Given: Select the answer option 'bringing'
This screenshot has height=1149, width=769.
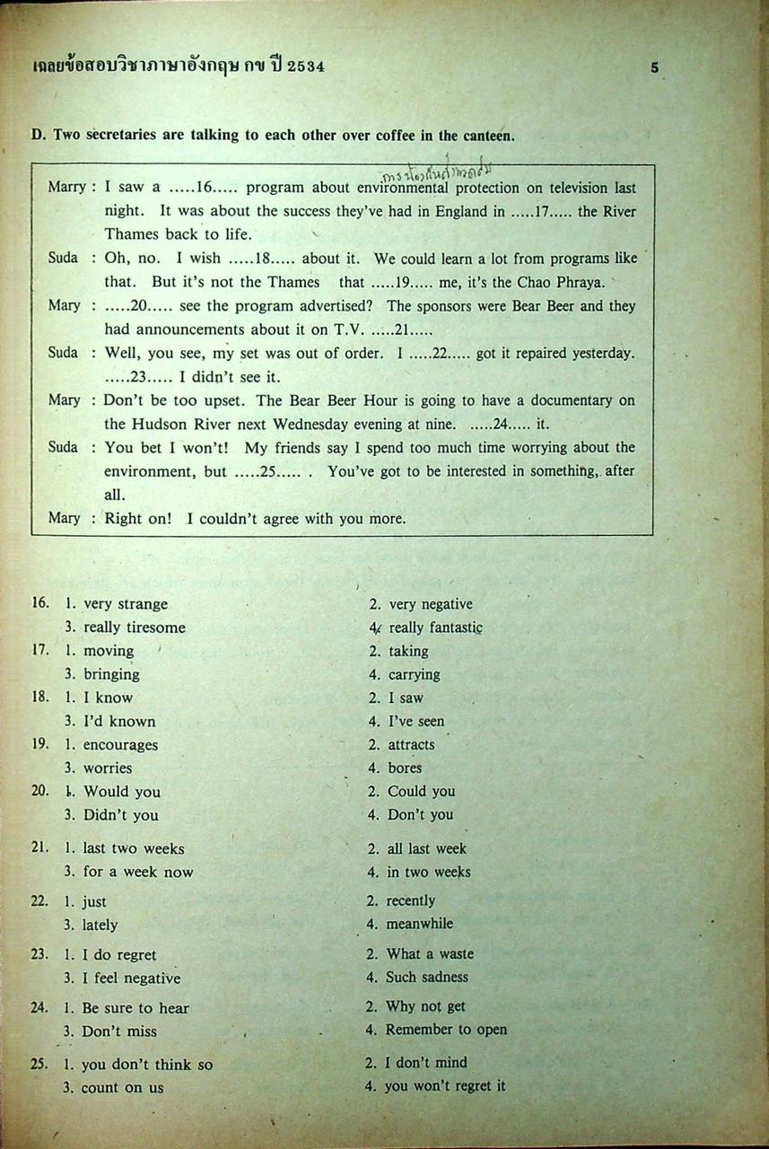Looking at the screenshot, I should coord(111,674).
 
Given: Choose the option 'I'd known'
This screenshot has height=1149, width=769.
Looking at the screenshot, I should coord(119,721).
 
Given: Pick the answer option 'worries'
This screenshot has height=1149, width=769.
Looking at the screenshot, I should coord(108,767).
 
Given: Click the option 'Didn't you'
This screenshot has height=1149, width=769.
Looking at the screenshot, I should coord(120,815).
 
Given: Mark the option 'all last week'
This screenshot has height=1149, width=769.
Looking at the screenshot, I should coord(426,848).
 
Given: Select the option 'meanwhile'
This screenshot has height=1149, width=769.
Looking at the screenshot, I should coord(419,924).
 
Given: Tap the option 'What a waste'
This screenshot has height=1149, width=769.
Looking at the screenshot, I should coord(430,954).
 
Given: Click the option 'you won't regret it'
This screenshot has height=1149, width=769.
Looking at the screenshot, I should coord(445,1086).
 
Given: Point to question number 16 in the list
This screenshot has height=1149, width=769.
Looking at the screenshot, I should coord(39,603).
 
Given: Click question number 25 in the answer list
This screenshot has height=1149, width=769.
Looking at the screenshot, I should coord(39,1064).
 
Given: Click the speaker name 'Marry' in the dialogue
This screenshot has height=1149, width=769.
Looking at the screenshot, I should coord(66,187).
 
